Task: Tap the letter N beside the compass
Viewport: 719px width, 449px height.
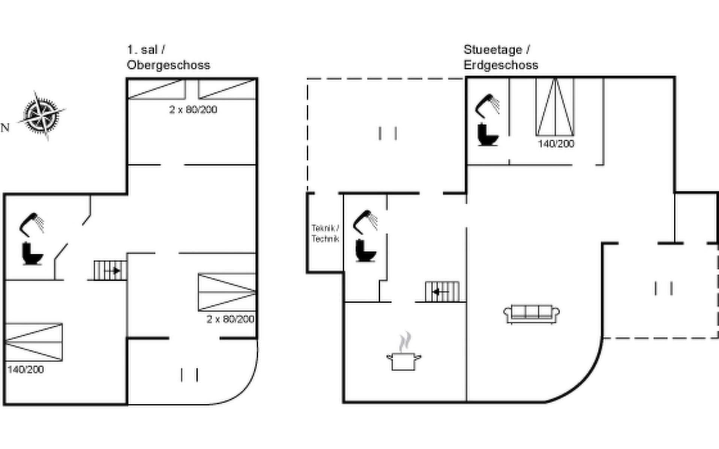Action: pos(5,128)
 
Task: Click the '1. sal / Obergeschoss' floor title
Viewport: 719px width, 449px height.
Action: pos(169,57)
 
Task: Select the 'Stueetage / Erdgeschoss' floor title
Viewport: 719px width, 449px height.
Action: pos(501,57)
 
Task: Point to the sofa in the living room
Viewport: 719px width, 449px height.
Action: pos(532,314)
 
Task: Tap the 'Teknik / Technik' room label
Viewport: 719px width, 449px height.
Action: pos(325,233)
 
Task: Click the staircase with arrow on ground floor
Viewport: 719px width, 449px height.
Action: pos(442,291)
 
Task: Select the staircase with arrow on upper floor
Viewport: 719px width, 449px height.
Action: pos(110,270)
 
